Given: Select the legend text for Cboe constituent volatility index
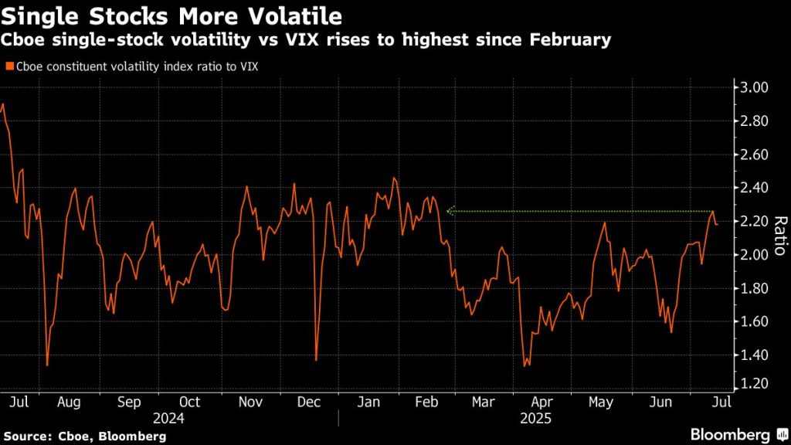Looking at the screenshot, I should click(135, 66).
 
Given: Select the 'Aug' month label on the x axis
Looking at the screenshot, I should click(69, 402).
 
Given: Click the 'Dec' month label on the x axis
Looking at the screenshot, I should click(309, 402).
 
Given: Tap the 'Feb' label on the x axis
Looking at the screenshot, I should click(427, 402).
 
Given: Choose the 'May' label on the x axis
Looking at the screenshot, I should click(600, 402).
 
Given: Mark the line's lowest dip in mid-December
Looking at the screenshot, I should click(316, 359).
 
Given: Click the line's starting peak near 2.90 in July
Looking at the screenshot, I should click(3, 104).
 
